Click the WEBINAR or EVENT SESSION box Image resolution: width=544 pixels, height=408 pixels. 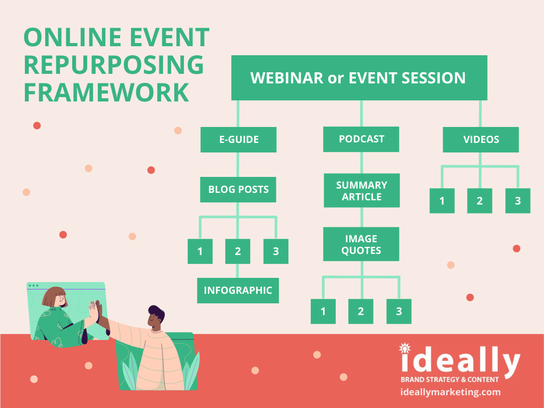click(359, 78)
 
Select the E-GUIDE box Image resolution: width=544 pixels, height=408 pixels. click(239, 140)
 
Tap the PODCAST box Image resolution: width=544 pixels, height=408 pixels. click(361, 139)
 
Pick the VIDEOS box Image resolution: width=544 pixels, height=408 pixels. click(481, 140)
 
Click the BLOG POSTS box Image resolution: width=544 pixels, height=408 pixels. click(238, 190)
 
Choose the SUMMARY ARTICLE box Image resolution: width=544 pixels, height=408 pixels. click(361, 191)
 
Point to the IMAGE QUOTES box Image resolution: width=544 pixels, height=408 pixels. click(361, 244)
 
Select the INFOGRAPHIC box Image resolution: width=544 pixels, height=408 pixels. click(238, 291)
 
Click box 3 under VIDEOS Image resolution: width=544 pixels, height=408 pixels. click(517, 200)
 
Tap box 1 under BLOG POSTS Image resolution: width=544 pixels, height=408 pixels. click(200, 251)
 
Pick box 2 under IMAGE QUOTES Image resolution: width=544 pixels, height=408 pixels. click(361, 311)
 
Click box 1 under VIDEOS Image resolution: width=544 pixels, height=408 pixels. click(442, 200)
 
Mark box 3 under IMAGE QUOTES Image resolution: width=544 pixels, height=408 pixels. click(399, 311)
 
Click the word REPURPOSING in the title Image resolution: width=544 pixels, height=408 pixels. click(114, 65)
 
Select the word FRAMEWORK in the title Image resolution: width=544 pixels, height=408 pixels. click(106, 92)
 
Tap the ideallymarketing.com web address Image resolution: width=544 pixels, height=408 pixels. click(450, 392)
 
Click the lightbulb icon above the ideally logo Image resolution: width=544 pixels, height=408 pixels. click(404, 348)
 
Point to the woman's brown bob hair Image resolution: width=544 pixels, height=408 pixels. click(54, 295)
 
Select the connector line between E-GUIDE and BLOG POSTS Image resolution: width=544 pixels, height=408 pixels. click(238, 165)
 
